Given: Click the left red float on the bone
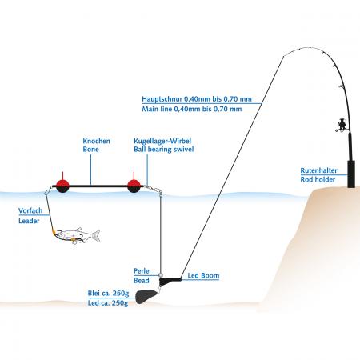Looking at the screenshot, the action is click(x=62, y=185).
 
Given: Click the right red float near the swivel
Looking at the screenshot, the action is click(x=134, y=185).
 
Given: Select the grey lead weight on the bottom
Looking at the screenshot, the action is click(x=145, y=297).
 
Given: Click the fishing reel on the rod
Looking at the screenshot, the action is click(x=341, y=126).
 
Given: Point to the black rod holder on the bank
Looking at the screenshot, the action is click(x=352, y=174).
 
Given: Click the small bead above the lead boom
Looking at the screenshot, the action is click(x=161, y=275).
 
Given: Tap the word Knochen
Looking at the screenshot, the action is click(x=96, y=141).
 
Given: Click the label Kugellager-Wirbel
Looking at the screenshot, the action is click(x=162, y=141).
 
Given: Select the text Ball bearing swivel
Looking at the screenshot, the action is click(x=164, y=149).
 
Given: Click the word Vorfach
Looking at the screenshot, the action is click(x=30, y=210).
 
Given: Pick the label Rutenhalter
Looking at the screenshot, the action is click(x=318, y=170).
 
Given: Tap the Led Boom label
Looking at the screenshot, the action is click(x=203, y=275).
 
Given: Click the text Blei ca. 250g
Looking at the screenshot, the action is click(x=108, y=294).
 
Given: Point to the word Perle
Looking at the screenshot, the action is click(x=142, y=271).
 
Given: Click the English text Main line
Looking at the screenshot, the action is click(x=157, y=109).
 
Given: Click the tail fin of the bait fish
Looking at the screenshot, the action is click(x=95, y=236).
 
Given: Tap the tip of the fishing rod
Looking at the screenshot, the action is click(x=284, y=55).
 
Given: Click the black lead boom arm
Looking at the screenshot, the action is click(x=170, y=281).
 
